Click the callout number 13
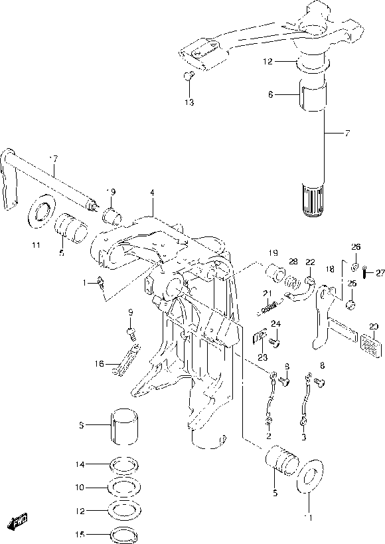coord(190,102)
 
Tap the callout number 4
coord(152,193)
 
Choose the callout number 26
coord(355,247)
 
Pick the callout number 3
coord(304,437)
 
